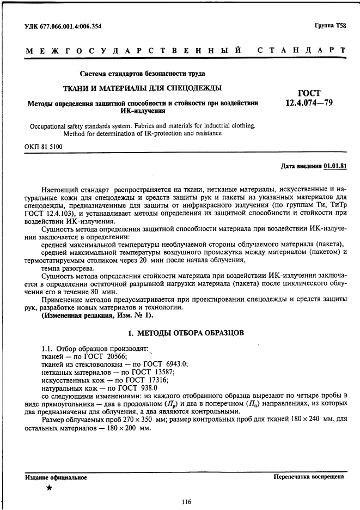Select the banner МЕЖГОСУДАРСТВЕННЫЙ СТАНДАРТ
tap(185, 51)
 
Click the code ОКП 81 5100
tap(44, 147)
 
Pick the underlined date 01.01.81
tap(335, 166)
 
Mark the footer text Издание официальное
tap(56, 477)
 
